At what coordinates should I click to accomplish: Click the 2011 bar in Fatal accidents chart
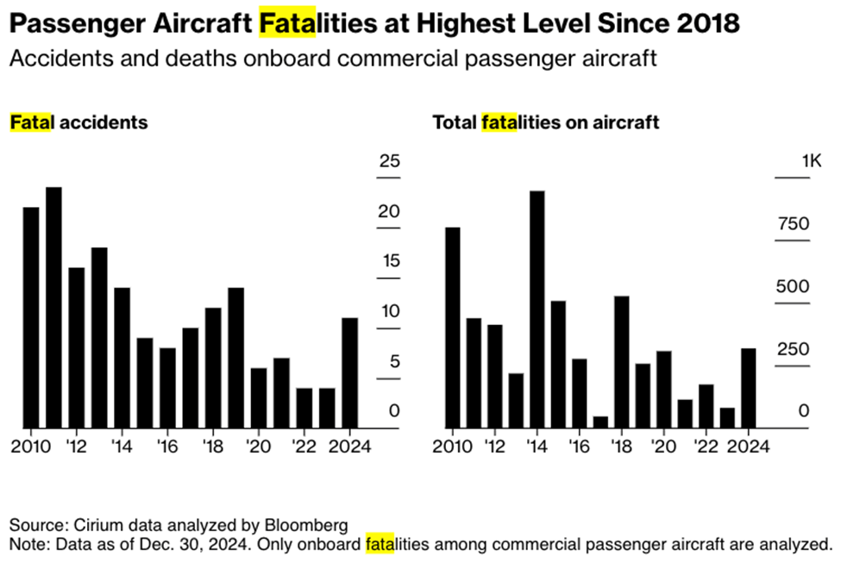click(x=53, y=307)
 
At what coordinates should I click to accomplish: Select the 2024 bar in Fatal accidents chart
click(x=350, y=372)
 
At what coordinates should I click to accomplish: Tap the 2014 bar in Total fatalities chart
click(x=537, y=309)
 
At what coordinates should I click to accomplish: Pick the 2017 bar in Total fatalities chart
click(x=600, y=422)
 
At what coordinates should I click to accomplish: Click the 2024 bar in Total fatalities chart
click(x=749, y=388)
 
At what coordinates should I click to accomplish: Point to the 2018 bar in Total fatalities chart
click(x=621, y=361)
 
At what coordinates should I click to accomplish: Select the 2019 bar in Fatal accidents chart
click(x=235, y=357)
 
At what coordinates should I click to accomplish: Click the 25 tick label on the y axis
click(x=390, y=161)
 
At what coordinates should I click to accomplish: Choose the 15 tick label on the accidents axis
click(x=390, y=262)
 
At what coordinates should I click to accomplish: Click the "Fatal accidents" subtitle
click(x=78, y=122)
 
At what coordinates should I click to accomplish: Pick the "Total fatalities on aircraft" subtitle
click(x=545, y=122)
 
